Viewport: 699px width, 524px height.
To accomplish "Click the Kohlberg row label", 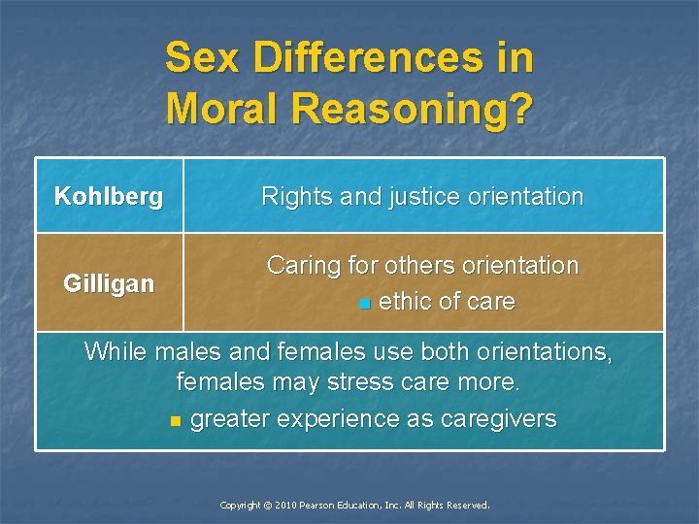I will pos(109,197).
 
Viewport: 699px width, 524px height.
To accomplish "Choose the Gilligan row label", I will pos(109,283).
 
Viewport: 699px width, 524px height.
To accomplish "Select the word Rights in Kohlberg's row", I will pos(293,197).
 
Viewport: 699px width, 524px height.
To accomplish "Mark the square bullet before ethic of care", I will pos(364,304).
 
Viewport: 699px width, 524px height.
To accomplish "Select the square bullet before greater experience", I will pos(175,421).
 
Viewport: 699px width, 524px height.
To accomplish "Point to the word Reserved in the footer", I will pos(467,506).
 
